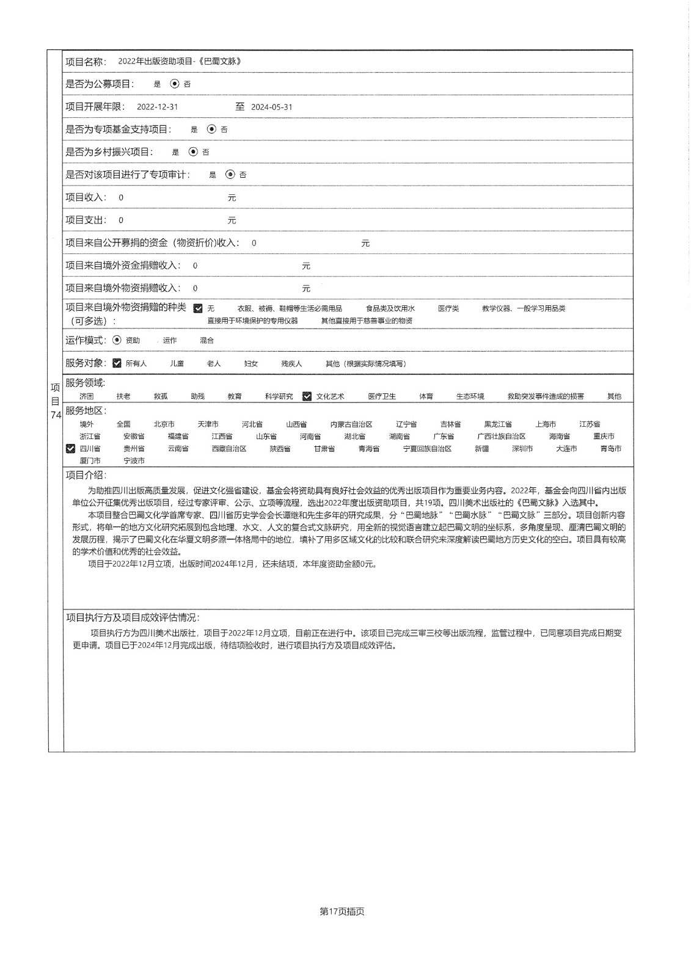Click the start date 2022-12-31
point(158,107)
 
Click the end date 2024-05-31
point(272,107)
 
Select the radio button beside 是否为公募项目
point(175,84)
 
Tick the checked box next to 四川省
point(71,449)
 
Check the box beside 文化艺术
point(307,396)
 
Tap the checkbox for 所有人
point(117,363)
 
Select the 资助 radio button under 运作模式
point(117,340)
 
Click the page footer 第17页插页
point(342,912)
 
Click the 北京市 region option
point(164,424)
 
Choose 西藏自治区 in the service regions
point(229,449)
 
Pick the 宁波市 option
point(134,461)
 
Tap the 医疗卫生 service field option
point(382,396)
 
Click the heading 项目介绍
point(86,475)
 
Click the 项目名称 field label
point(86,62)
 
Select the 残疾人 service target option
point(291,364)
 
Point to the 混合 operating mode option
point(207,341)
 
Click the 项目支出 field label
point(86,220)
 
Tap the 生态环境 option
point(470,396)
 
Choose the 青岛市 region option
point(610,449)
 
